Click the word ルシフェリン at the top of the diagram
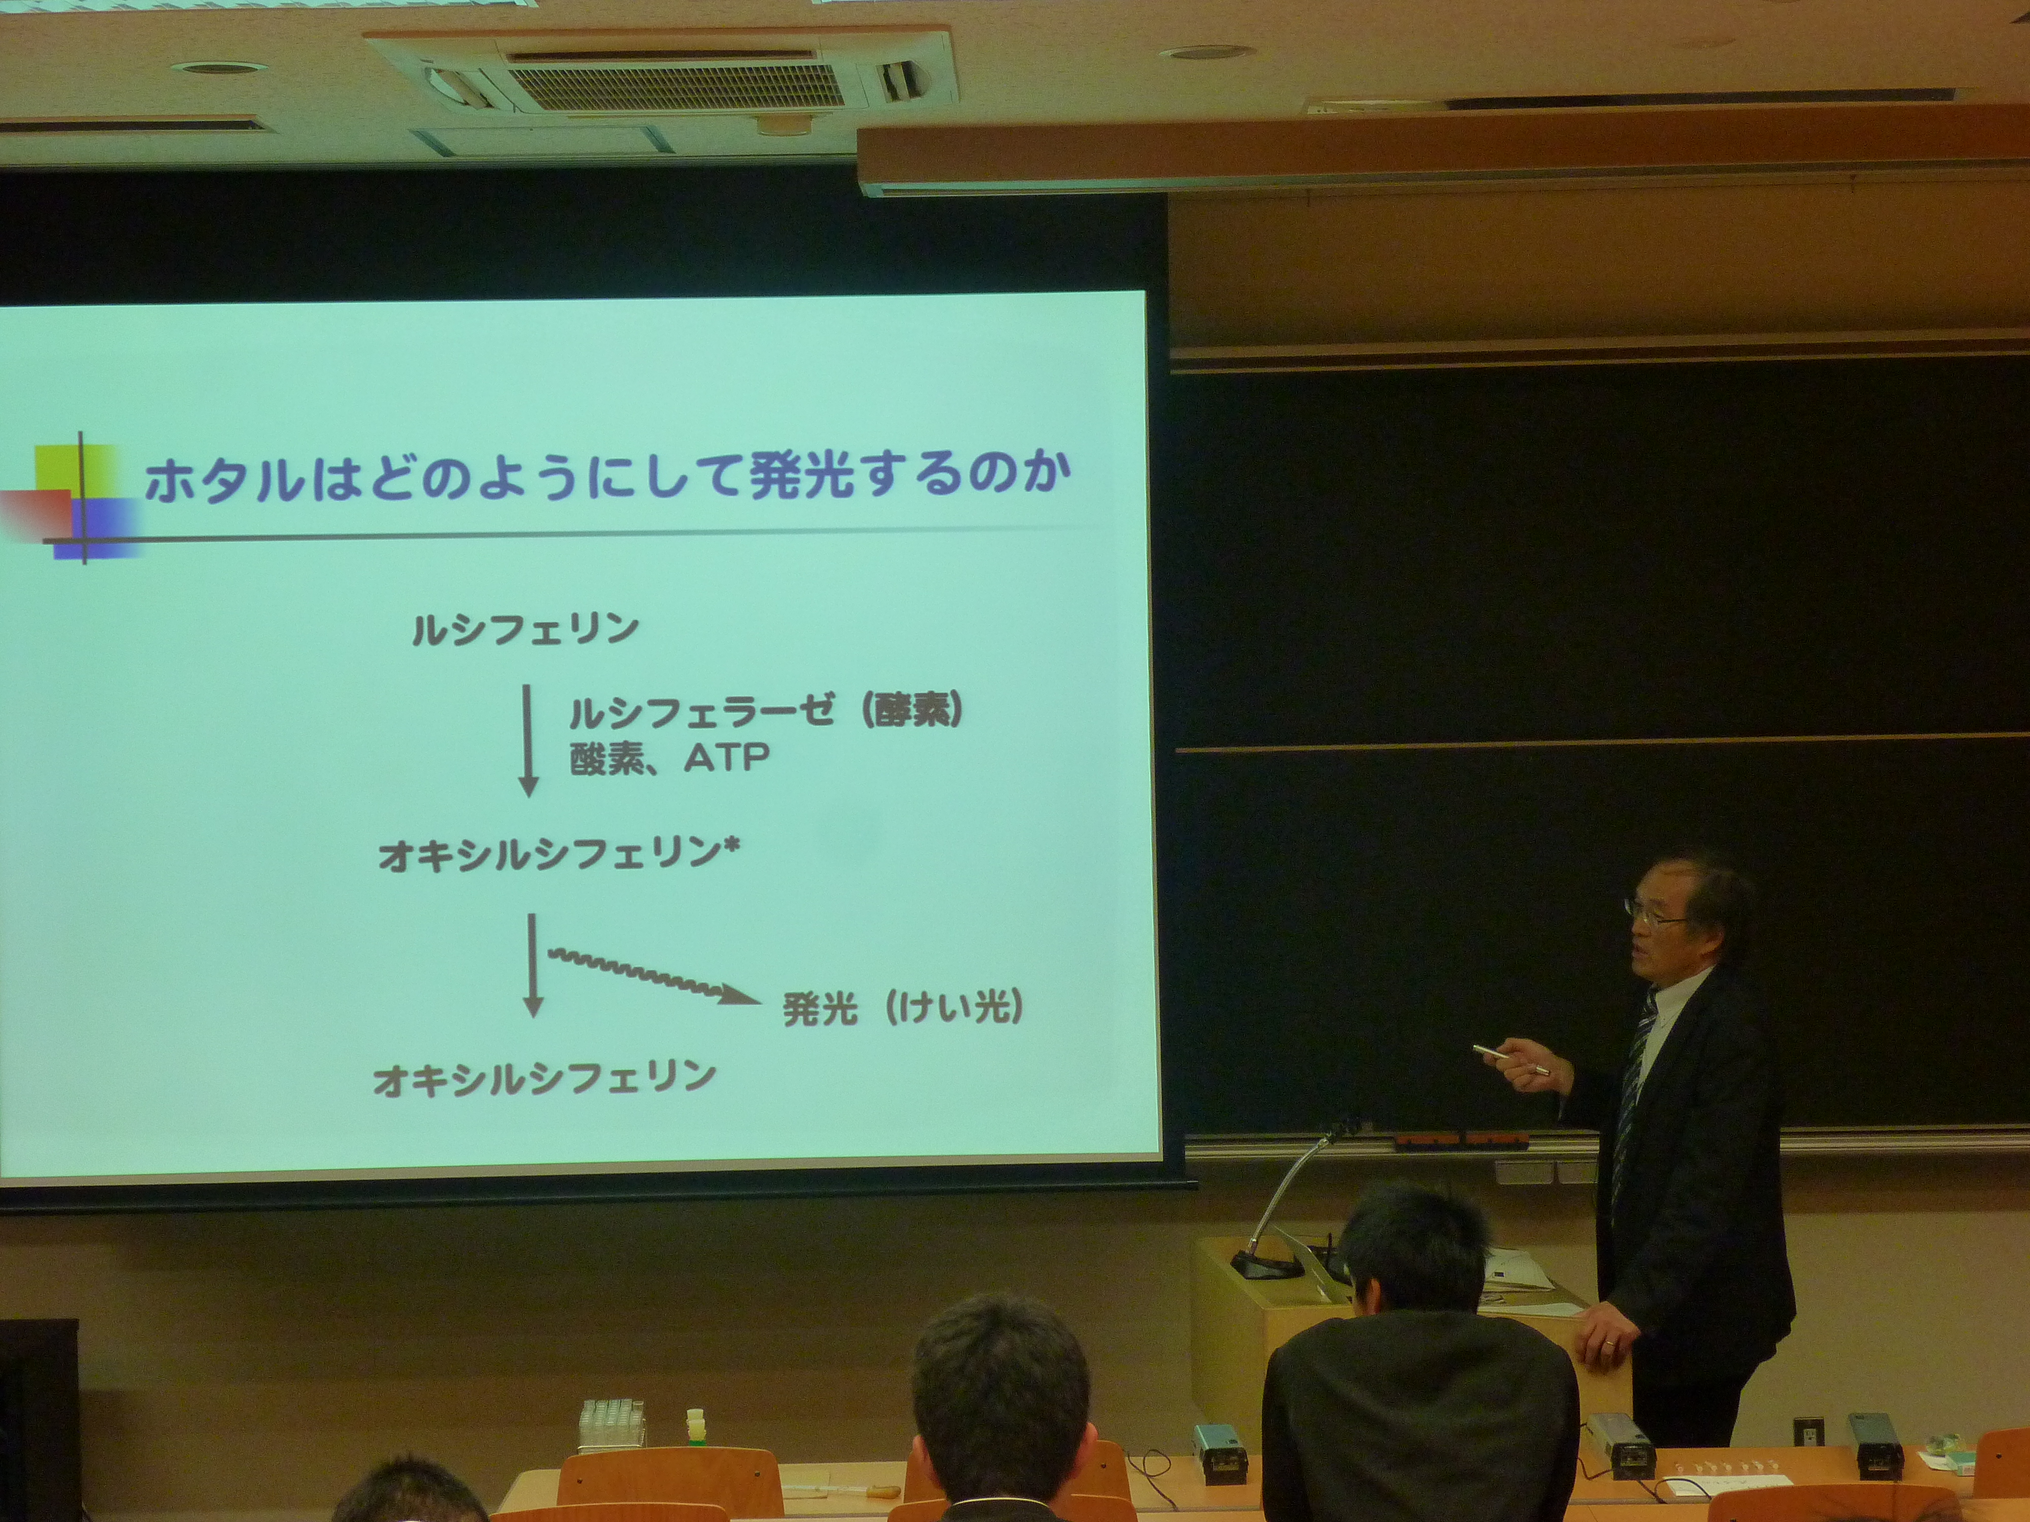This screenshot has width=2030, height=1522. click(525, 630)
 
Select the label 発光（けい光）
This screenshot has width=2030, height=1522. click(902, 1008)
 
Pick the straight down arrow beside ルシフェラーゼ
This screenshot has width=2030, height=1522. click(528, 740)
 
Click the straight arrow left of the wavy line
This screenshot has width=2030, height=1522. click(532, 964)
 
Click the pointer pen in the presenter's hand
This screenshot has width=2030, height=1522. click(1510, 1060)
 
